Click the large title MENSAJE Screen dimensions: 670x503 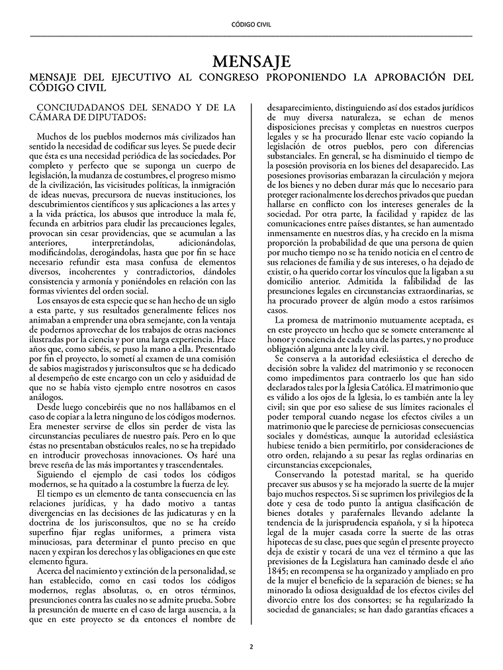coord(251,62)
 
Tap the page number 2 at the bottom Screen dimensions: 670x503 coord(251,646)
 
